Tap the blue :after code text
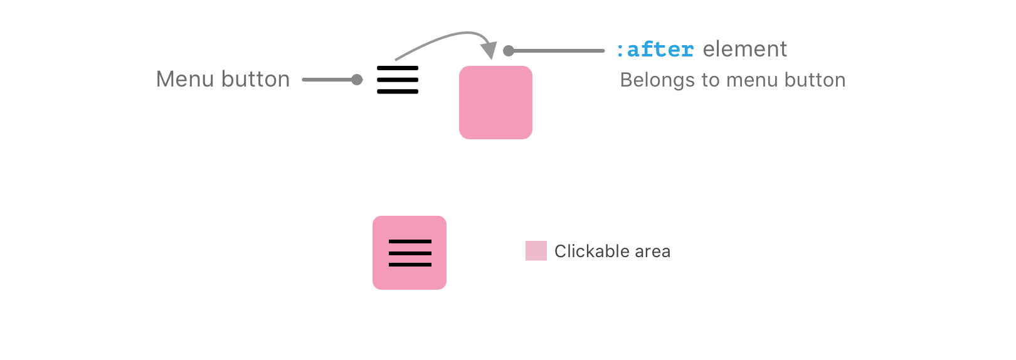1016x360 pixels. [x=655, y=50]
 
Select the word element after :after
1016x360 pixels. [x=744, y=50]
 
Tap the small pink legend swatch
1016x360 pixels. [x=536, y=251]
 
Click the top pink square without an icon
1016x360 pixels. [x=495, y=102]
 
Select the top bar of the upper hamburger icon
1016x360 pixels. [x=398, y=68]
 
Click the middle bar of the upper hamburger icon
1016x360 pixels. [x=398, y=80]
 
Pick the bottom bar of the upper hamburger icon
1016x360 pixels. [x=398, y=92]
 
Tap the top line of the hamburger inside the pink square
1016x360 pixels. [x=410, y=241]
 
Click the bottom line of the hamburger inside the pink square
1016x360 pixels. [x=410, y=265]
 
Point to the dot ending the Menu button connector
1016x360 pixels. [x=357, y=80]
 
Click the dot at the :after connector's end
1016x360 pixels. [x=509, y=51]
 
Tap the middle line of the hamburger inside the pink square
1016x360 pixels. [x=410, y=253]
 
